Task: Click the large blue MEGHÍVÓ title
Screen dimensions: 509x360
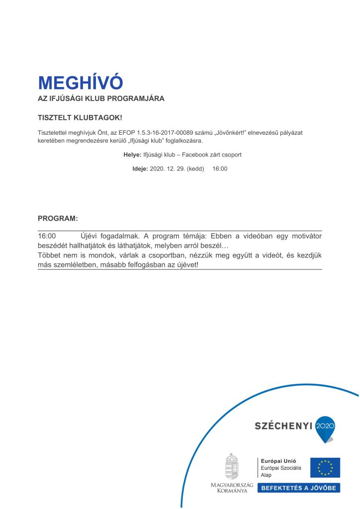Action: [80, 83]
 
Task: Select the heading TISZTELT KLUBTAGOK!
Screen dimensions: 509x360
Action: [80, 118]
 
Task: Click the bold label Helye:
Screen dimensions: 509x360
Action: [132, 155]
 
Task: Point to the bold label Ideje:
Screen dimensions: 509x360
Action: [140, 169]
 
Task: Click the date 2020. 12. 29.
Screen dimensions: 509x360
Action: [167, 169]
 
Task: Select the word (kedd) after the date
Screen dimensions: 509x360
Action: [195, 169]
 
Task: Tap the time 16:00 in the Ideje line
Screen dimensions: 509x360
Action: [220, 169]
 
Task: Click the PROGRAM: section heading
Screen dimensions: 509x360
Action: [58, 218]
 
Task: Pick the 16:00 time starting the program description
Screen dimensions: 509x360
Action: [47, 236]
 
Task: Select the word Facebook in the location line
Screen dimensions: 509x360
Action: [196, 155]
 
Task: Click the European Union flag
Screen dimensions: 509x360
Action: [325, 468]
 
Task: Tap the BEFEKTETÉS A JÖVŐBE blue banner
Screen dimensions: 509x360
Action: [298, 488]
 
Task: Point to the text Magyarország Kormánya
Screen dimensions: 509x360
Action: [232, 488]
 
